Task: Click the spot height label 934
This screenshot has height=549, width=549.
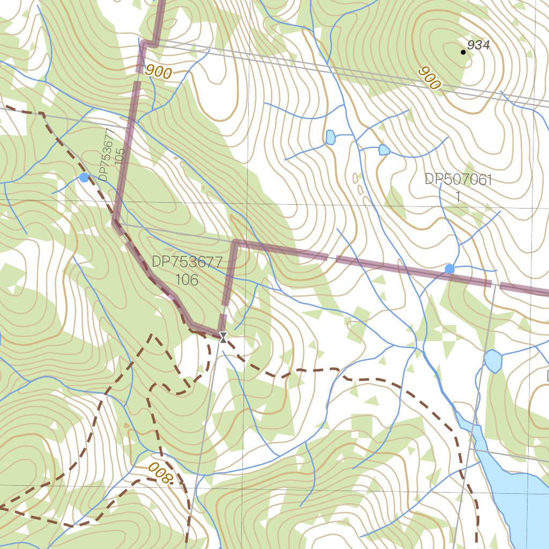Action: tap(478, 46)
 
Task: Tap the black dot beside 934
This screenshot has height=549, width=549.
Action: tap(463, 52)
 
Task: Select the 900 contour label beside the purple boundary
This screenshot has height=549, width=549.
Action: tap(158, 71)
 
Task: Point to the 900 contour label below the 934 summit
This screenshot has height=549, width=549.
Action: tap(429, 78)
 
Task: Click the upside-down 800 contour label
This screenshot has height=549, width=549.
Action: tap(159, 473)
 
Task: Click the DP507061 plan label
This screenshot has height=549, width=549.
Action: tap(458, 180)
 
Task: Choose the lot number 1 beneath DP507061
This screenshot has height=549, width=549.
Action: tap(458, 197)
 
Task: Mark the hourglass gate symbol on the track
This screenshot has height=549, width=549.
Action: tap(223, 337)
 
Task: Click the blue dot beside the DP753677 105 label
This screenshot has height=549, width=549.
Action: tap(84, 177)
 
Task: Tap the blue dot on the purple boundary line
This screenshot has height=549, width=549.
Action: tap(449, 268)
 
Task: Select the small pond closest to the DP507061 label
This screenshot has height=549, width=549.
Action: tap(384, 150)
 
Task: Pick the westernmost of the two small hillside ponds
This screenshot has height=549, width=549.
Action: tap(330, 138)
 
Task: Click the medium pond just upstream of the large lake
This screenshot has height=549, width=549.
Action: tap(493, 361)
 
